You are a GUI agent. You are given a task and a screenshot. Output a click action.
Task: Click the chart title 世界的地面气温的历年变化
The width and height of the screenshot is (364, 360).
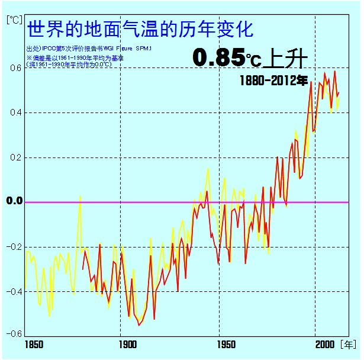[141, 28]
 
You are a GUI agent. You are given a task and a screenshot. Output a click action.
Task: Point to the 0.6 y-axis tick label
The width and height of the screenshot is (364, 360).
[15, 67]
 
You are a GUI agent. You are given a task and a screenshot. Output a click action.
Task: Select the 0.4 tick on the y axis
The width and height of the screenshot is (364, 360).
[15, 112]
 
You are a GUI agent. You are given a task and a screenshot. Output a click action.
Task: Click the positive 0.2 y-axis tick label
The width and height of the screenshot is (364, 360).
[15, 157]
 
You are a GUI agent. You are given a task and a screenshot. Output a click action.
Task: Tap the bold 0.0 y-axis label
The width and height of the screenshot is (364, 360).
[14, 201]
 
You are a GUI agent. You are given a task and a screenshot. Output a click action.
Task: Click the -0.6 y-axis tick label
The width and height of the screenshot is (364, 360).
[13, 333]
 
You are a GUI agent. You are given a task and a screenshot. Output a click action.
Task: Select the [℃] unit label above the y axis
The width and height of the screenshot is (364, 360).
[14, 18]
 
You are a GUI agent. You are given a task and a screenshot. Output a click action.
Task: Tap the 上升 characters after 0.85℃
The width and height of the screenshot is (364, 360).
[288, 57]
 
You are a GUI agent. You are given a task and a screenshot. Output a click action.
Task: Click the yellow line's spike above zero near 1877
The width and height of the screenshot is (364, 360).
[80, 196]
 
